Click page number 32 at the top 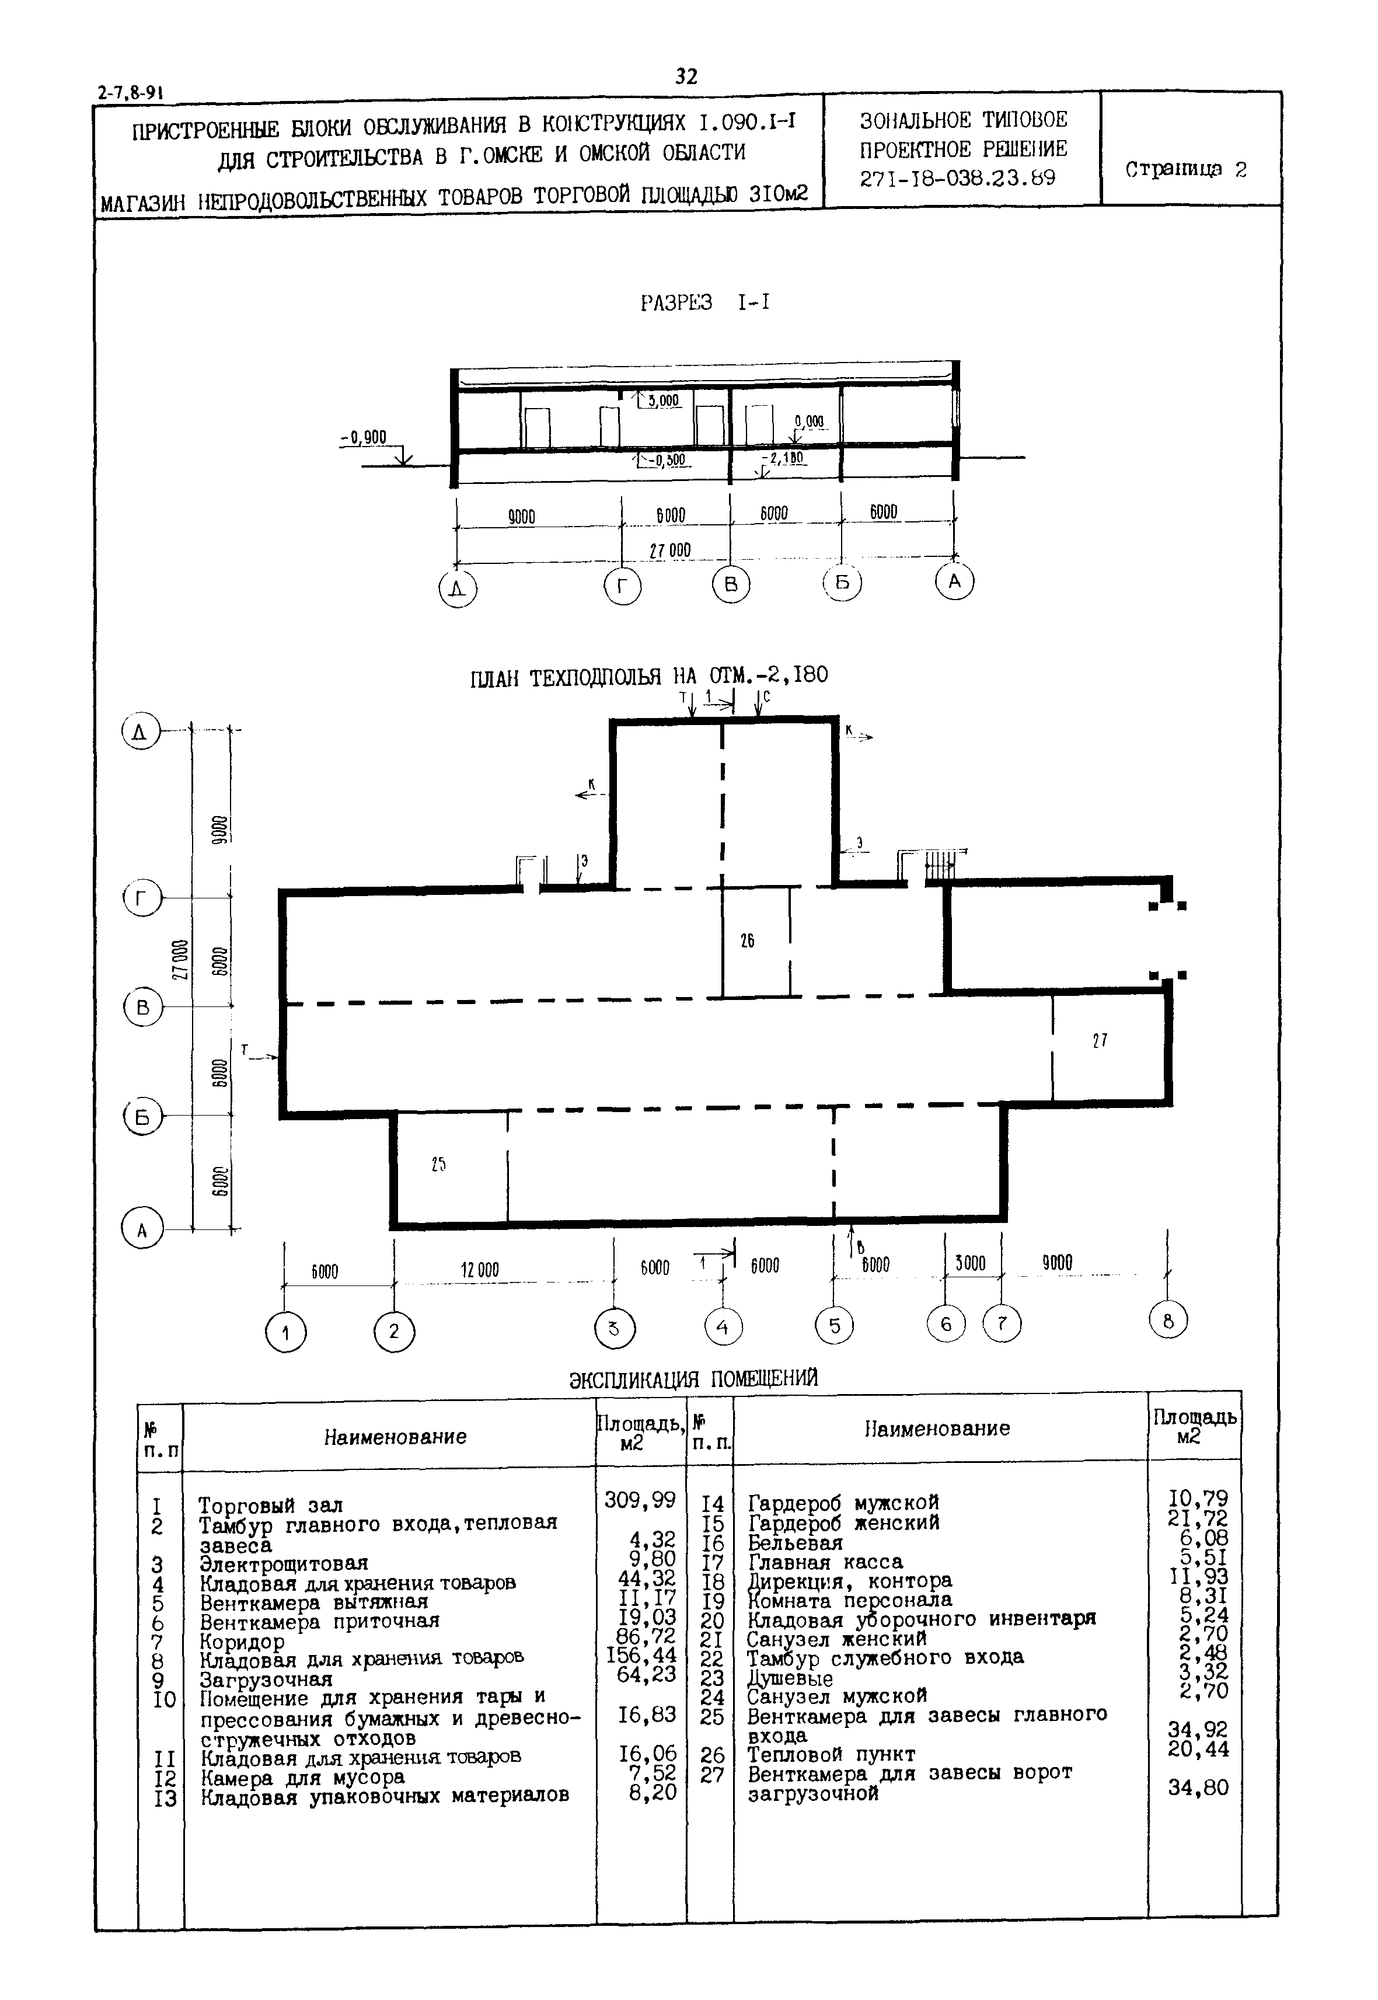click(686, 77)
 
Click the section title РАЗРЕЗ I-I click(704, 303)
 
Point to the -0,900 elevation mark click(364, 437)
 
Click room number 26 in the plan click(748, 940)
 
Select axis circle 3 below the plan click(615, 1328)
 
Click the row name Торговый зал click(271, 1506)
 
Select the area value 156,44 click(641, 1656)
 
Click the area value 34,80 click(1198, 1787)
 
